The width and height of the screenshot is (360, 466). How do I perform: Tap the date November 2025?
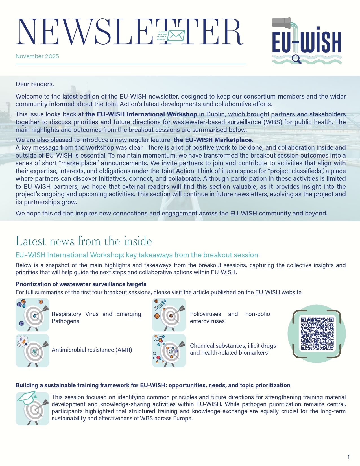(37, 56)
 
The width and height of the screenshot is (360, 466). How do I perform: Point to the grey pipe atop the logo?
(282, 22)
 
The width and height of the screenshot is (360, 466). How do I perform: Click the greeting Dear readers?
(34, 84)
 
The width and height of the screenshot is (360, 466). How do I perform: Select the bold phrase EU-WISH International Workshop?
(141, 114)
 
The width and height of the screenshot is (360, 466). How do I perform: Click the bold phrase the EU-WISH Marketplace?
(213, 140)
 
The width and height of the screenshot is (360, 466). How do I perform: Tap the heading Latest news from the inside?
(84, 241)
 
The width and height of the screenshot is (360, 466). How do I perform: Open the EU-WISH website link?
(278, 292)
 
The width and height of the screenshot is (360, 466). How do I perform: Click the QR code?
(317, 334)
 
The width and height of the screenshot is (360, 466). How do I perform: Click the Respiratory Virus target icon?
(32, 315)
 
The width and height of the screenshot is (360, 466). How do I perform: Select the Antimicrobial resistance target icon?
(32, 350)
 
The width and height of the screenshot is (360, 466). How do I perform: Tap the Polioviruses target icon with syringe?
(169, 315)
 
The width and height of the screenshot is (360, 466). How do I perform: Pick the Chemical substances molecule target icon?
(169, 350)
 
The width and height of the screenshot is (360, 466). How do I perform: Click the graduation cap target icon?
(32, 408)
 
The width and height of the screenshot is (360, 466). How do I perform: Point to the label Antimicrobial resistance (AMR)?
(92, 350)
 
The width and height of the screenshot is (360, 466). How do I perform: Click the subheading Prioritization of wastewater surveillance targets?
(81, 284)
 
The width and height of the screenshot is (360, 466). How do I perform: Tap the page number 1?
(349, 457)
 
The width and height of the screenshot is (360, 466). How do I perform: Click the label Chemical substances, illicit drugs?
(233, 346)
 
